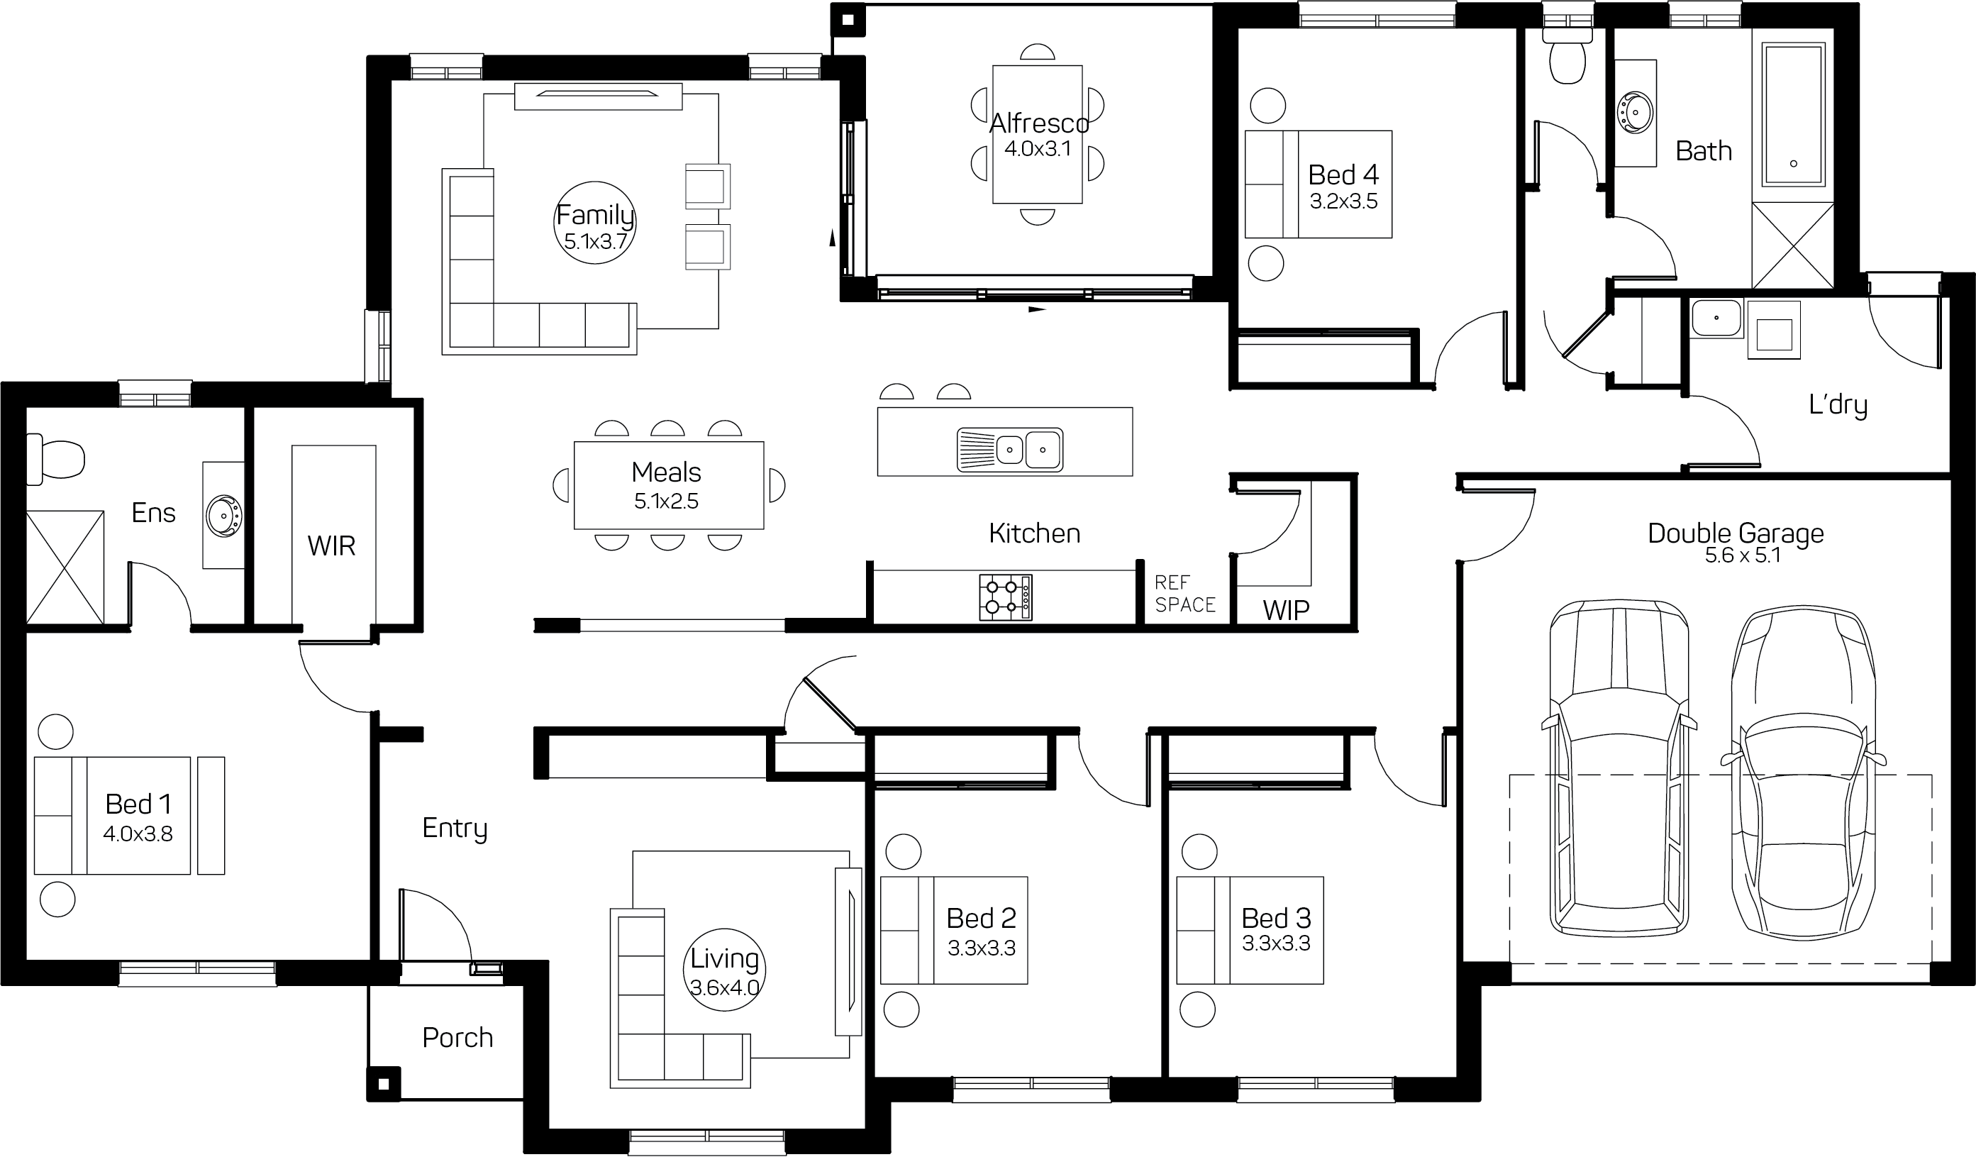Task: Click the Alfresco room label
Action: click(x=1039, y=123)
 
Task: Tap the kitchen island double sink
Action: click(x=1010, y=450)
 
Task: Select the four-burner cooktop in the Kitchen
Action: click(x=1005, y=598)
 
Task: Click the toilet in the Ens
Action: click(x=55, y=460)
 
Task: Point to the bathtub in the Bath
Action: click(x=1793, y=114)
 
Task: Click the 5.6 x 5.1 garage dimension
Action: click(x=1743, y=555)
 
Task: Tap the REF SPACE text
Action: click(x=1184, y=594)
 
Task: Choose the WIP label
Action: click(x=1286, y=609)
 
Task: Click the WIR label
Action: click(x=331, y=546)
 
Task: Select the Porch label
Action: click(x=458, y=1038)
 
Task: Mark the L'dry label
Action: click(x=1838, y=405)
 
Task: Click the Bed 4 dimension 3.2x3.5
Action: click(x=1343, y=201)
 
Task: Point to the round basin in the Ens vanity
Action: click(x=224, y=515)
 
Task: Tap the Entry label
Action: click(x=455, y=829)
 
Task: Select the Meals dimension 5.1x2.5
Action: click(x=667, y=502)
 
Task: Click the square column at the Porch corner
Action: click(x=384, y=1084)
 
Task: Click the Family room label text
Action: click(x=595, y=215)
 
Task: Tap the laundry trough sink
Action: click(x=1716, y=319)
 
